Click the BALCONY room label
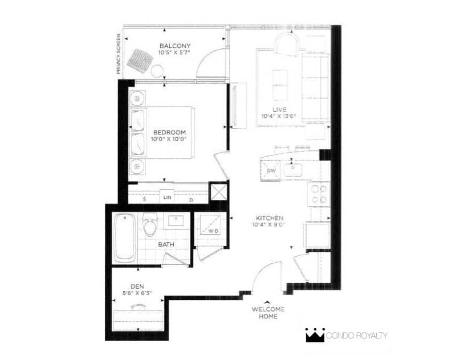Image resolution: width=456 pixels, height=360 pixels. [x=175, y=46]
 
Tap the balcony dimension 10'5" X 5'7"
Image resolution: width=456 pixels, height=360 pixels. [x=174, y=52]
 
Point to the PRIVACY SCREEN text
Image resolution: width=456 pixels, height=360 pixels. [x=119, y=54]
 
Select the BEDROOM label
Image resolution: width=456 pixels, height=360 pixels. [x=169, y=133]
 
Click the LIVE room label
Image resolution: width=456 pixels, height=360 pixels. [x=279, y=109]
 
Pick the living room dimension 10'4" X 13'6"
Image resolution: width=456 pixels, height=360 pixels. [x=279, y=117]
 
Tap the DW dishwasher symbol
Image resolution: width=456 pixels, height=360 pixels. [x=271, y=170]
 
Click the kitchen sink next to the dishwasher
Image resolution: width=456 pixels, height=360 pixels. [x=293, y=170]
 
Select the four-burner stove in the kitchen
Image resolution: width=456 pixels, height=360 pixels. [x=319, y=194]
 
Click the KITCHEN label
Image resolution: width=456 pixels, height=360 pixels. [x=269, y=218]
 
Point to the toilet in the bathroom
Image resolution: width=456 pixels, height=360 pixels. [x=150, y=224]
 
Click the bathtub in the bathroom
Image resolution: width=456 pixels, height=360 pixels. [x=124, y=238]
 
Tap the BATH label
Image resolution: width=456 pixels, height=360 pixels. [x=166, y=244]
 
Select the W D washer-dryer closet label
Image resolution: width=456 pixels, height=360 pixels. [x=213, y=231]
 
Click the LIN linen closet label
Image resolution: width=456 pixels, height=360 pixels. [x=167, y=198]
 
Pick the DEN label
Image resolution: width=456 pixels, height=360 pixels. [x=137, y=287]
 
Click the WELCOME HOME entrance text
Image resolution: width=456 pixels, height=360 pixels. [x=268, y=313]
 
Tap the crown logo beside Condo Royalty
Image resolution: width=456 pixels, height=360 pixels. [x=315, y=336]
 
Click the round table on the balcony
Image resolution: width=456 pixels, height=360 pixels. [x=157, y=71]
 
